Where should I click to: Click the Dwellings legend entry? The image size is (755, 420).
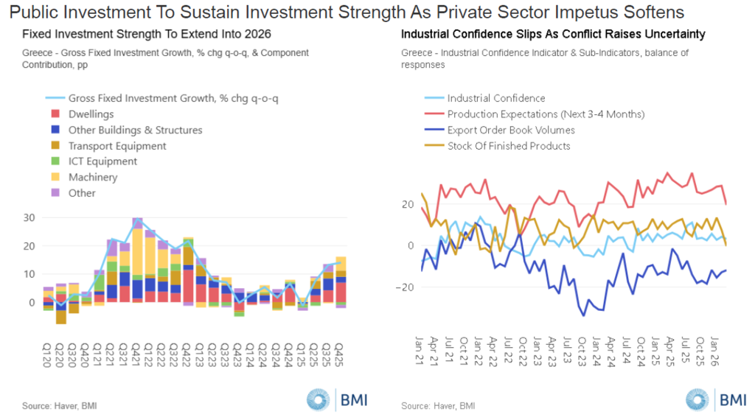pyautogui.click(x=91, y=114)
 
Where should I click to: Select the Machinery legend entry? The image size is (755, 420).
pyautogui.click(x=92, y=177)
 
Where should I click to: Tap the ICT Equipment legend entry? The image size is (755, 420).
pyautogui.click(x=102, y=161)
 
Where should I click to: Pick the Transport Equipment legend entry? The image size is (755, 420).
pyautogui.click(x=117, y=146)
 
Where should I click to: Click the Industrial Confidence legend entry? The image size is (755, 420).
pyautogui.click(x=495, y=98)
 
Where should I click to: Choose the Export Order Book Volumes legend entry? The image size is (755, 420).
pyautogui.click(x=511, y=130)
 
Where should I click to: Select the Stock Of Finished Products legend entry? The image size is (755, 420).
pyautogui.click(x=509, y=146)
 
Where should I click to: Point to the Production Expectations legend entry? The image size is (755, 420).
pyautogui.click(x=546, y=114)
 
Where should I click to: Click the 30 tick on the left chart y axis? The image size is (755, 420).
pyautogui.click(x=30, y=217)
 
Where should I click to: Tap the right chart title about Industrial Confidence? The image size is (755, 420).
pyautogui.click(x=553, y=35)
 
